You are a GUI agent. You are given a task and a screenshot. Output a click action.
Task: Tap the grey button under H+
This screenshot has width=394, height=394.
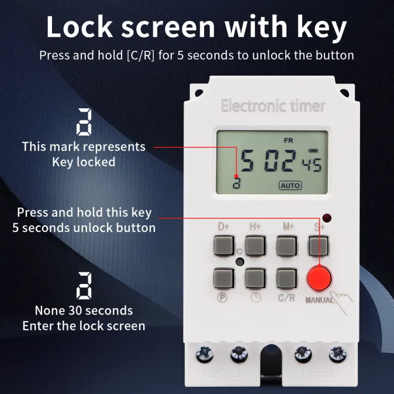[255, 245]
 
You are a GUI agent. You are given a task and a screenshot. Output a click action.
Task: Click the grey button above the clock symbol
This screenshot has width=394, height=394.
[255, 277]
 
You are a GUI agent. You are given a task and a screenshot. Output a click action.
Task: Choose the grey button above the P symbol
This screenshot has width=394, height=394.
[223, 277]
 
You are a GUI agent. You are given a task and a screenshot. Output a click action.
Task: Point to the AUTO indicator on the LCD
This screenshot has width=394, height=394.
[290, 185]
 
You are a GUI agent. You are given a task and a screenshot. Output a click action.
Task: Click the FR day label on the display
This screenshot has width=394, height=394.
[288, 141]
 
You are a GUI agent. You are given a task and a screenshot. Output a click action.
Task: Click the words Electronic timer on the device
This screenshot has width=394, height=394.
[273, 106]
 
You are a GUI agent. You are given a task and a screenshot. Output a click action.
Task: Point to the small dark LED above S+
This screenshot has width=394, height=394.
[327, 217]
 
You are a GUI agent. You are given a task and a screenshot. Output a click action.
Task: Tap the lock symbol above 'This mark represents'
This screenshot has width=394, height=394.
[84, 121]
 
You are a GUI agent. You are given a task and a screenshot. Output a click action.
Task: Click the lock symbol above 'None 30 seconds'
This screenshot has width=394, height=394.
[84, 286]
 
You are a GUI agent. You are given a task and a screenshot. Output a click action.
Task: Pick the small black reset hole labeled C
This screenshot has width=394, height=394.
[240, 262]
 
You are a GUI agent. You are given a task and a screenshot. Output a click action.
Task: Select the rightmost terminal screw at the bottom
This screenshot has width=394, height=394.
[335, 354]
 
